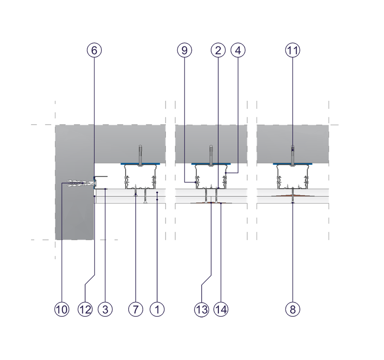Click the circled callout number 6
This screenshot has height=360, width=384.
94,50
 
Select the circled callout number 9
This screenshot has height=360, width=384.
185,50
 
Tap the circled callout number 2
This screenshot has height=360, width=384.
218,50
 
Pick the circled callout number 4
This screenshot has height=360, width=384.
238,50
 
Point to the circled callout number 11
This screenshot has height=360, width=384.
293,50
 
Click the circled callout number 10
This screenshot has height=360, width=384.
62,309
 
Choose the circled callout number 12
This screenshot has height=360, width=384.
85,309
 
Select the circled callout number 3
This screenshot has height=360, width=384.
105,309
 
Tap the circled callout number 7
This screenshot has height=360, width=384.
136,309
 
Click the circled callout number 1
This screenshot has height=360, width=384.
157,309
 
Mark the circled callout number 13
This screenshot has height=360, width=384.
202,309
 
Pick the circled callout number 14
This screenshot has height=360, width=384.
221,309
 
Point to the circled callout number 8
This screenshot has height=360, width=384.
293,309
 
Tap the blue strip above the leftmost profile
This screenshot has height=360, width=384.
140,164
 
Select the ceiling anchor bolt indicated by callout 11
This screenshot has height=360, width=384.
293,156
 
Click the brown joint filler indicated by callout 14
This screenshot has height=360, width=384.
211,203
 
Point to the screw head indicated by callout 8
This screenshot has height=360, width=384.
293,202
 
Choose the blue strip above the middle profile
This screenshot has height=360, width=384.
211,164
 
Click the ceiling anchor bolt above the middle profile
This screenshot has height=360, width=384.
211,156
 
